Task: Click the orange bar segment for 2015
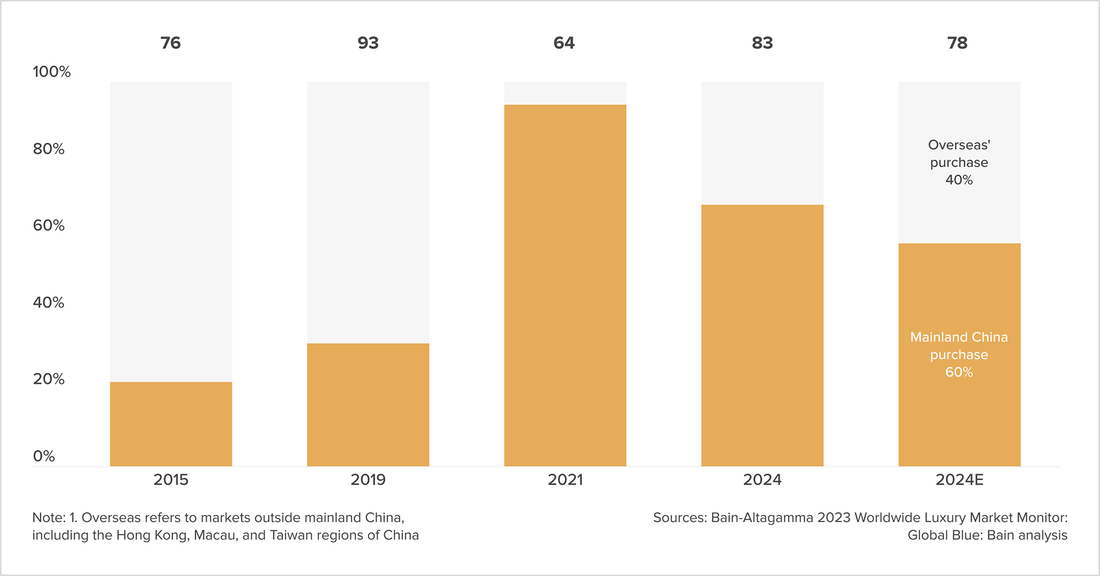[x=171, y=424]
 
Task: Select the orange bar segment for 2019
[x=368, y=405]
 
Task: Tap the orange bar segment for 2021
[x=565, y=286]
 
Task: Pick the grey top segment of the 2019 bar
[x=368, y=212]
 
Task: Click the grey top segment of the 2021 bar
[x=565, y=93]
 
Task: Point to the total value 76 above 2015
[x=170, y=43]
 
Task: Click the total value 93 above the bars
[x=368, y=43]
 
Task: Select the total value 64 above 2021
[x=564, y=43]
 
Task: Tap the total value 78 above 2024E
[x=958, y=43]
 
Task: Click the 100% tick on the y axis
[x=52, y=72]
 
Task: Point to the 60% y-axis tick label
[x=48, y=226]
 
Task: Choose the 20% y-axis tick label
[x=48, y=379]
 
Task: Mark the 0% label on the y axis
[x=44, y=456]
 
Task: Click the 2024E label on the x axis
[x=959, y=480]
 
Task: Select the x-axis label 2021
[x=565, y=480]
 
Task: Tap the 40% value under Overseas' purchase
[x=959, y=180]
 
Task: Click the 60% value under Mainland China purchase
[x=959, y=372]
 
